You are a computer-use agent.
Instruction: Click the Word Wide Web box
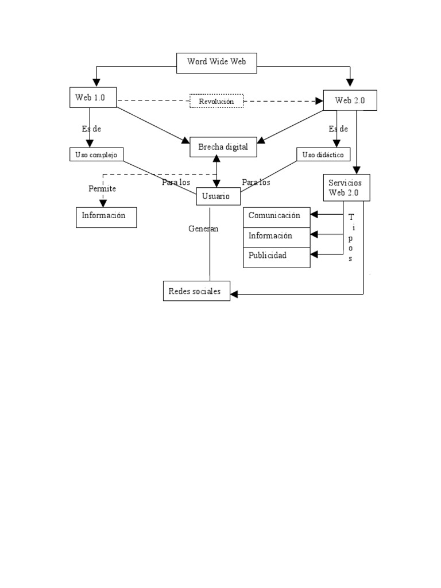click(216, 62)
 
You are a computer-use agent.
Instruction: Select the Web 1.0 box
click(93, 98)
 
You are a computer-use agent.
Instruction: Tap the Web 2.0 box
click(350, 100)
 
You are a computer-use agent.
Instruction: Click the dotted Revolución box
click(216, 101)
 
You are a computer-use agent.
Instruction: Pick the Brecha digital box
click(223, 148)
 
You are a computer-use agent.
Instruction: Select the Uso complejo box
click(96, 155)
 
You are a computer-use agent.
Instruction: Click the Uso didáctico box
click(323, 155)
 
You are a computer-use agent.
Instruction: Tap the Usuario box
click(216, 196)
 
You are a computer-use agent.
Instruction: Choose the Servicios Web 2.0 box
click(346, 187)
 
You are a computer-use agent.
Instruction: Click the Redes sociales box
click(196, 291)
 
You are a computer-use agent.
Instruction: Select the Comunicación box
click(277, 216)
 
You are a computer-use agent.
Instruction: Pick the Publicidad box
click(277, 256)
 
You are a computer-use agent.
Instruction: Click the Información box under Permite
click(106, 217)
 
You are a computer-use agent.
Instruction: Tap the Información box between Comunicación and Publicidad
click(277, 235)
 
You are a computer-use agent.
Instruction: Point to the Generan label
click(203, 229)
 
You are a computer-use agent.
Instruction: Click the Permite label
click(102, 188)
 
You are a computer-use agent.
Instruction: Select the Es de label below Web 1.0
click(92, 129)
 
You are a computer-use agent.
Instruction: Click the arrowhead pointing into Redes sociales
click(234, 294)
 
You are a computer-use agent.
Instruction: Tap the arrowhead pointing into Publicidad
click(314, 254)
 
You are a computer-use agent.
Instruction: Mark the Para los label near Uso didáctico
click(256, 182)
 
